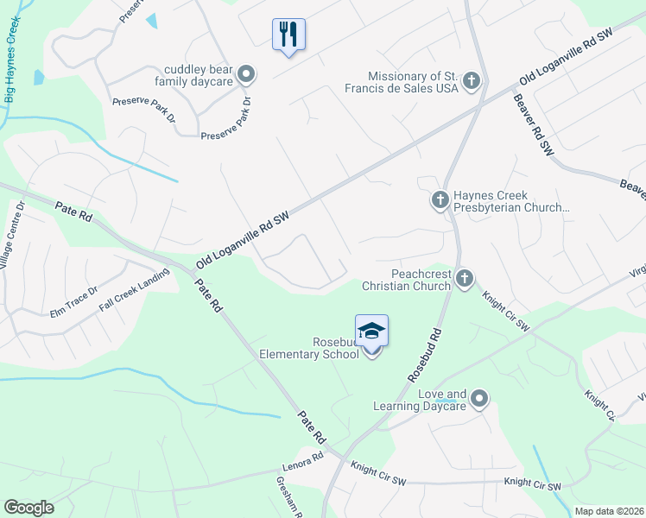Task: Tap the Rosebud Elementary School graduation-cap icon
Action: click(x=371, y=332)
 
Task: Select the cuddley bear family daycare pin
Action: click(x=246, y=74)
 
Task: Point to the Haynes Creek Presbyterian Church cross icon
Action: click(x=440, y=200)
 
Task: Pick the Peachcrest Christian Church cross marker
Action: click(x=465, y=277)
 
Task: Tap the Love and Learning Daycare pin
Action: click(x=479, y=399)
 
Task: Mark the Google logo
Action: click(x=28, y=508)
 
